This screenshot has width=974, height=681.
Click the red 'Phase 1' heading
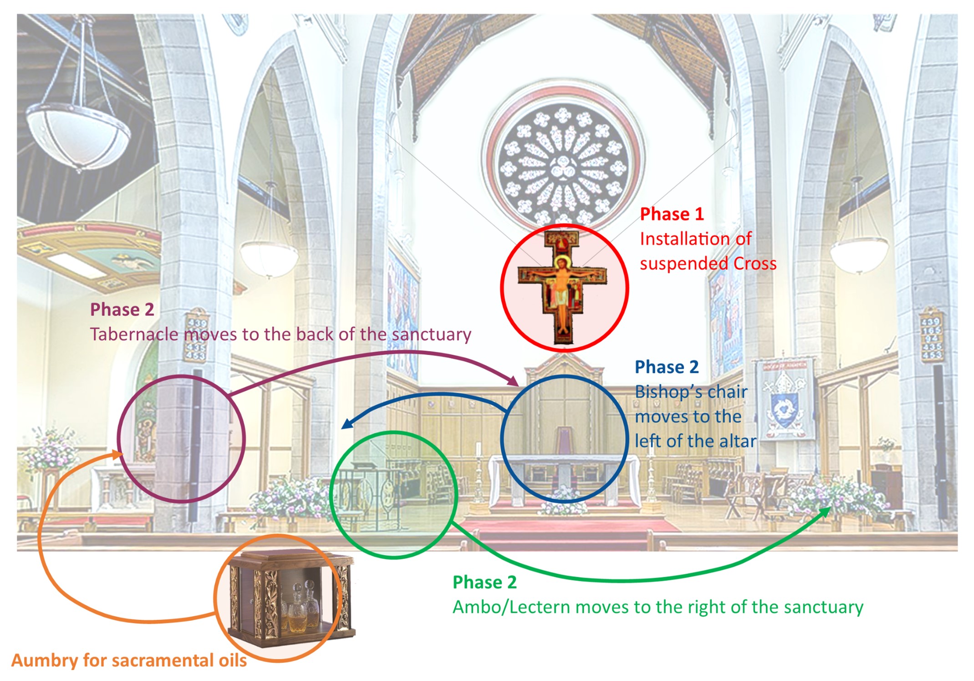coord(672,214)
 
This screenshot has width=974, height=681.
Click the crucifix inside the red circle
coord(563,287)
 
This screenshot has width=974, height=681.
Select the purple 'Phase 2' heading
coord(122,310)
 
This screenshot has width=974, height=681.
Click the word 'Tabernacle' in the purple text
coord(135,334)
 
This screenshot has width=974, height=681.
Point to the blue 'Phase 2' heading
coord(667,367)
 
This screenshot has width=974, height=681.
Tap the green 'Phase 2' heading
coord(484,582)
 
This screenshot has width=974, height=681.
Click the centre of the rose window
coord(563,168)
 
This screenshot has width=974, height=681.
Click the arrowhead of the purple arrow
coord(514,381)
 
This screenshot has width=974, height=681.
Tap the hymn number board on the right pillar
coord(931,335)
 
